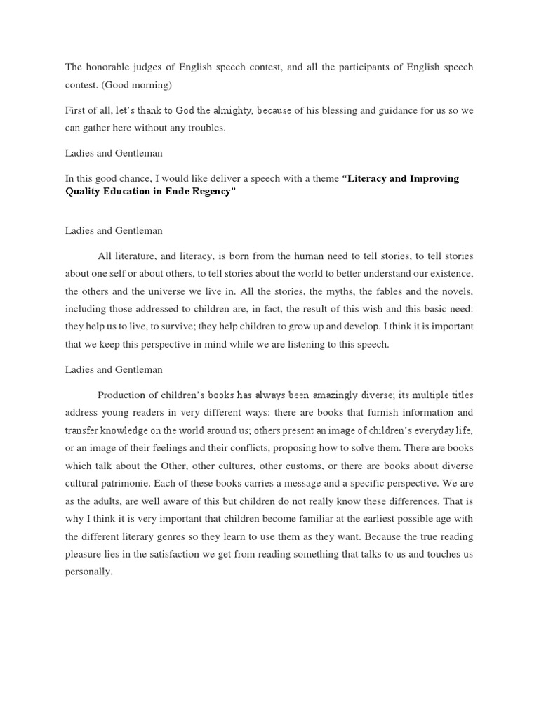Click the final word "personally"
point(88,572)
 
